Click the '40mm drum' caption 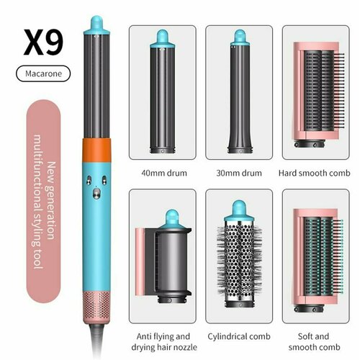click(x=162, y=173)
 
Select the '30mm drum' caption click(x=239, y=173)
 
